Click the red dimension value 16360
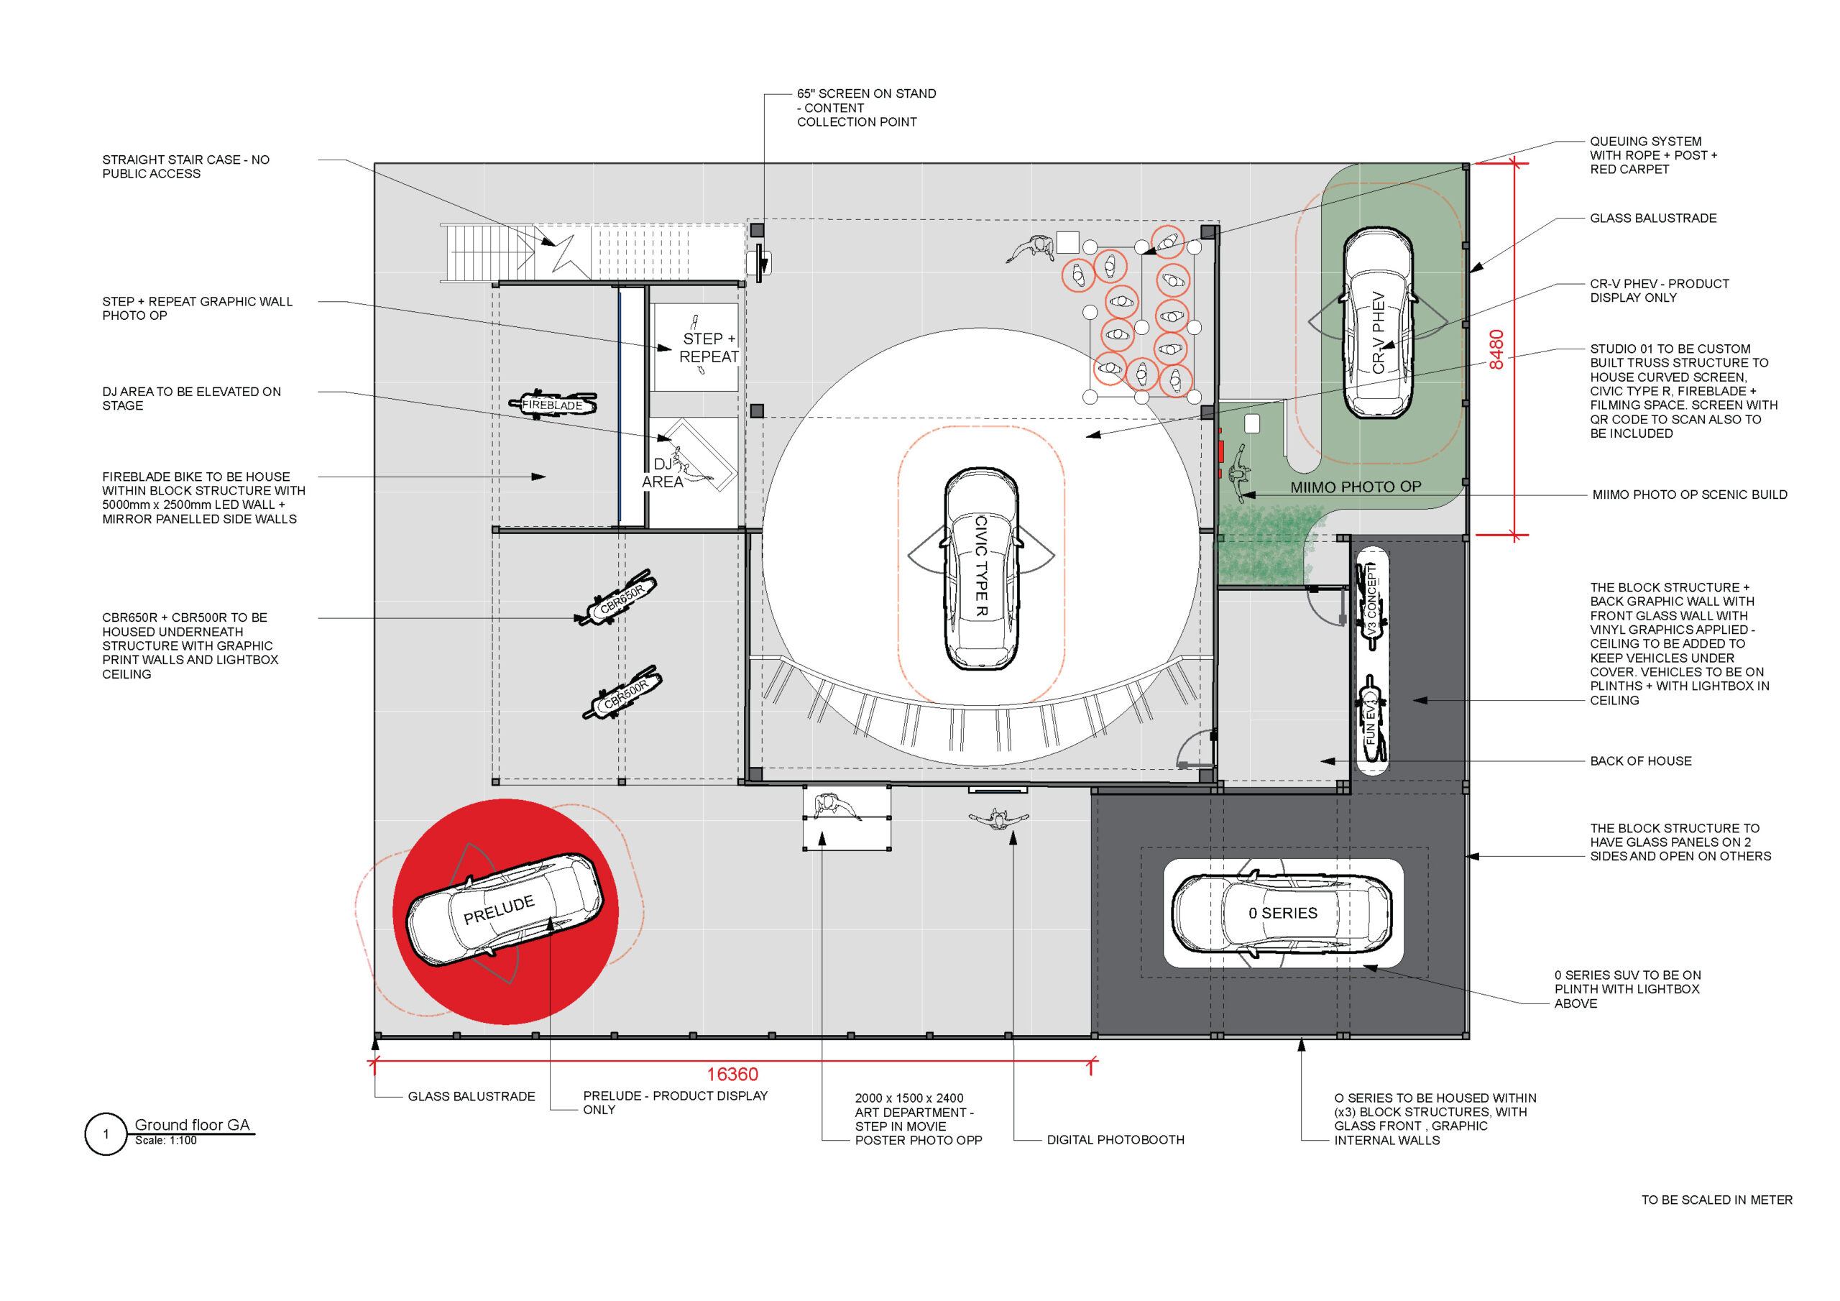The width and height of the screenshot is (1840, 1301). (x=732, y=1074)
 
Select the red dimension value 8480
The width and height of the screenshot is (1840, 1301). (x=1496, y=349)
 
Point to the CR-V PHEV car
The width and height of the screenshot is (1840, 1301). (x=1378, y=322)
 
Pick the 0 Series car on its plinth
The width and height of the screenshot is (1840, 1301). (x=1282, y=913)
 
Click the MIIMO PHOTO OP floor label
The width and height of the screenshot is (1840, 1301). (x=1355, y=487)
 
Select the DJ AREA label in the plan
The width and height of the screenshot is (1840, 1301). (x=663, y=473)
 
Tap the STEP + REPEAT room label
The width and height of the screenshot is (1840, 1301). (x=709, y=348)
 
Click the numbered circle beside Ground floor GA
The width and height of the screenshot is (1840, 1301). (x=106, y=1134)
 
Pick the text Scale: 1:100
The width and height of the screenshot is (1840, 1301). (x=166, y=1141)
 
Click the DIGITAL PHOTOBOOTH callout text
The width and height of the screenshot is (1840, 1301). (x=1115, y=1139)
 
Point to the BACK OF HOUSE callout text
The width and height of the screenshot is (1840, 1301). (x=1640, y=760)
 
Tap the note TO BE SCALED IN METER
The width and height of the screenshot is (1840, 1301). (x=1716, y=1200)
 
